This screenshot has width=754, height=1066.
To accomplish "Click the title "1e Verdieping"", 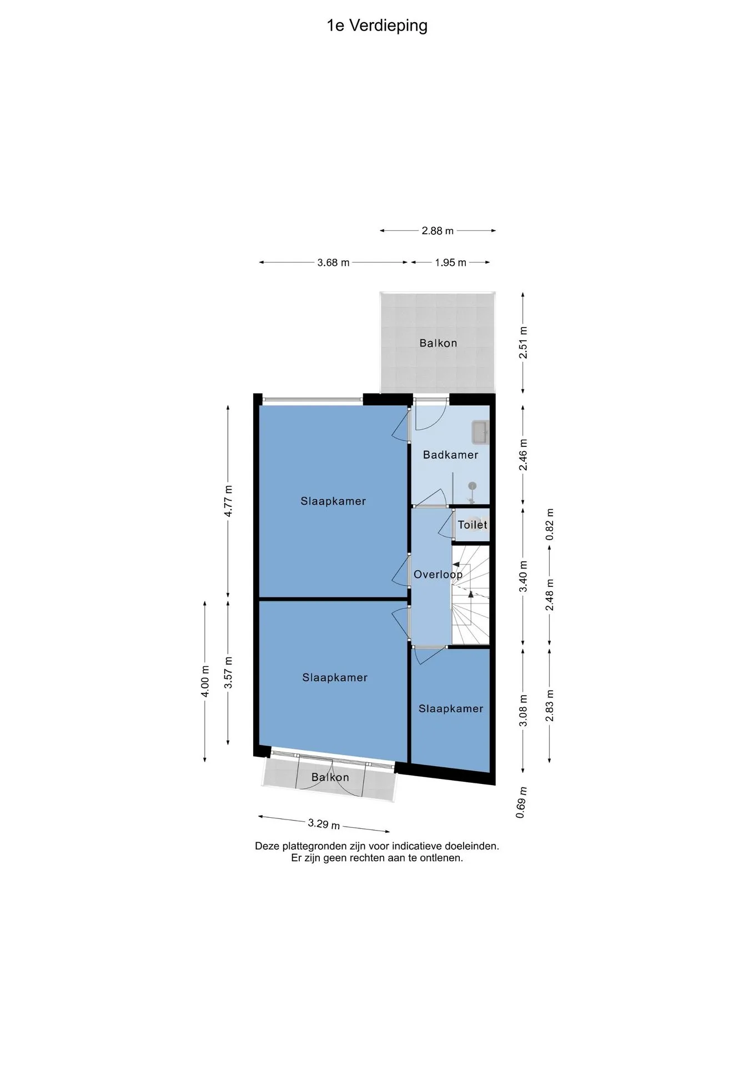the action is pos(377,26).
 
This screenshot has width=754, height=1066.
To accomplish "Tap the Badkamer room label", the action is pos(450,455).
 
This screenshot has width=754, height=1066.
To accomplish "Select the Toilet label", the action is pos(472,525).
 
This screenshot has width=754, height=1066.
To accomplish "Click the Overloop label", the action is pos(438,575).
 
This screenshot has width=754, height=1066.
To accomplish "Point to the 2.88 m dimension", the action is pos(438,231).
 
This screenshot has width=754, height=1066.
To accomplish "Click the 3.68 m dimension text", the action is pos(333,263).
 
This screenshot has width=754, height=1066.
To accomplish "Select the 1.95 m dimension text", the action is pos(450,263).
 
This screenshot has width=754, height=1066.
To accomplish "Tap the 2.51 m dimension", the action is pos(523,343).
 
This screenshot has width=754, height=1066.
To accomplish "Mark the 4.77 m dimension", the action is pos(228,501).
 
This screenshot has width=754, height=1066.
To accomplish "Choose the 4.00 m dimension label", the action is pos(205,681).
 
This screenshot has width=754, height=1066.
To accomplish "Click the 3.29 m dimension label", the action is pos(324,824).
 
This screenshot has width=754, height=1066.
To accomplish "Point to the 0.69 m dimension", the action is pos(521,803).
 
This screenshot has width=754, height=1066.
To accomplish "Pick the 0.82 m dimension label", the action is pos(550,525).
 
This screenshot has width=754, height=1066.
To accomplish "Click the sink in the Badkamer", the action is pos(480,433).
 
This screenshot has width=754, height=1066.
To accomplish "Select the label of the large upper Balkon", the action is pos(438,343).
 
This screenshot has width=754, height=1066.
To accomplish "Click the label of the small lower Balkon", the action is pos(330,777).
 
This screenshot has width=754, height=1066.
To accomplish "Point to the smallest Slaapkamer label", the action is pos(451,708).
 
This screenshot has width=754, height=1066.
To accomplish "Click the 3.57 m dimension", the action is pos(228,672).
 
